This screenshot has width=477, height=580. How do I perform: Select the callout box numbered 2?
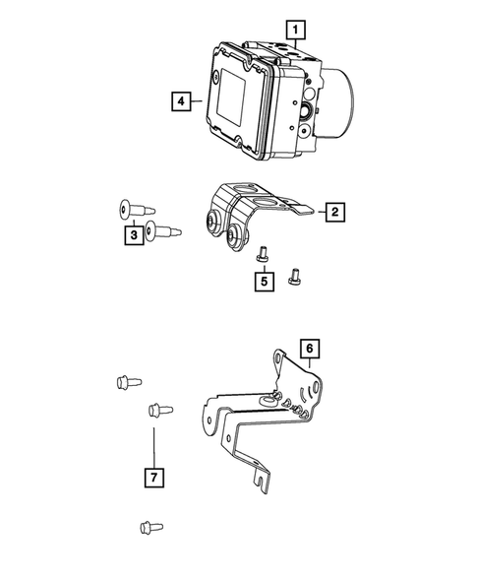coord(334,211)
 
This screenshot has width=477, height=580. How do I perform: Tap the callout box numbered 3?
coord(131,235)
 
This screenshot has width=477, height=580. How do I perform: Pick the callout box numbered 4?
coord(180,100)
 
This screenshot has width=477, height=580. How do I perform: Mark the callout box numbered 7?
coord(154,478)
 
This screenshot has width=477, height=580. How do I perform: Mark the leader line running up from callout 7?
coord(154,443)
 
